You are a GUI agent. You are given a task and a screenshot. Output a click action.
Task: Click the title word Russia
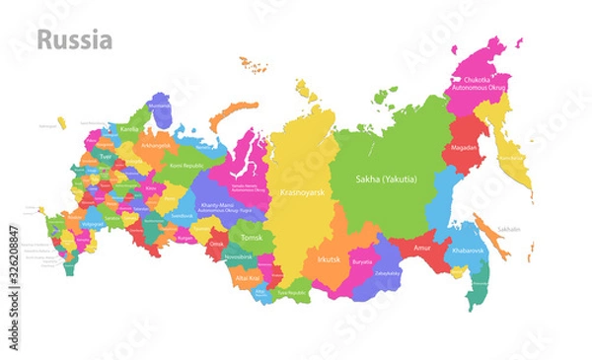[75, 41]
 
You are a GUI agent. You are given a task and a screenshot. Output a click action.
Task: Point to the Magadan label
[464, 148]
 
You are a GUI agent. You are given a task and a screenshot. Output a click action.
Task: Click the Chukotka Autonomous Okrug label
[484, 84]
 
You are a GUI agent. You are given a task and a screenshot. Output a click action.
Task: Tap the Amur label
[423, 249]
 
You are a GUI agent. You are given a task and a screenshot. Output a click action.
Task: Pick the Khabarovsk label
[469, 251]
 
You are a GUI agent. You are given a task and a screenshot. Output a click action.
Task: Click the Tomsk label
[251, 238]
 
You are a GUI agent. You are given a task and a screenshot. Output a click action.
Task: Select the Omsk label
[217, 244]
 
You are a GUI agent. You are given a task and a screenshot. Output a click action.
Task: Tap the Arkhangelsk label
[156, 145]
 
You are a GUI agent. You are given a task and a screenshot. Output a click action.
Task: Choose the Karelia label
[129, 128]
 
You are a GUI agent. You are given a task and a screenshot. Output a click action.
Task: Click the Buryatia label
[362, 262]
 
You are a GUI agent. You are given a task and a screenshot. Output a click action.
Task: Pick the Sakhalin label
[508, 228]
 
